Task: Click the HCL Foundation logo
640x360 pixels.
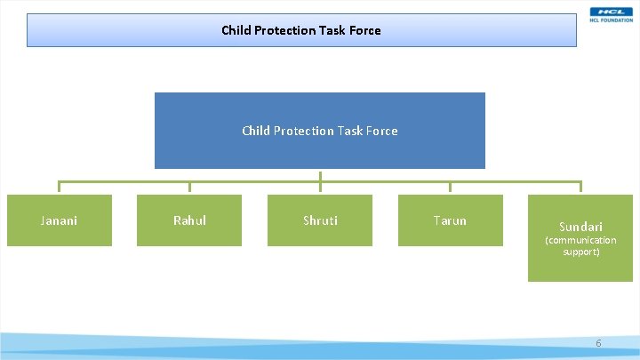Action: tap(611, 14)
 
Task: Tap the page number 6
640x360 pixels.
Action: tap(598, 343)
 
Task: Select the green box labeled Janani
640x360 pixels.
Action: tap(60, 220)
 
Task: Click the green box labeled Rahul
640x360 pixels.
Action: tap(189, 220)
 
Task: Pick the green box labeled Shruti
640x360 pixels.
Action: tap(320, 220)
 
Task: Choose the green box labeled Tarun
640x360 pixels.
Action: tap(450, 220)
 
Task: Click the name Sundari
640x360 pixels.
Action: tap(580, 227)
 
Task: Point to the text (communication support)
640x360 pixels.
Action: tap(580, 246)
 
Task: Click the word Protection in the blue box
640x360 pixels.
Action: tap(305, 131)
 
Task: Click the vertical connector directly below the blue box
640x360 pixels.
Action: tap(320, 175)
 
